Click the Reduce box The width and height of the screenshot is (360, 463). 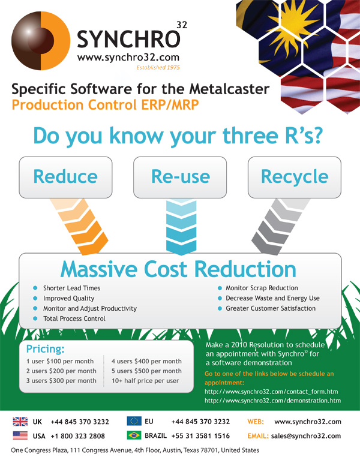point(65,177)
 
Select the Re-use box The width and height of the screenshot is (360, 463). point(180,177)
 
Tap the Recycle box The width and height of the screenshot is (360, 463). point(295,177)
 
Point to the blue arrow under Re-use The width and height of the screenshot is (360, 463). point(181,227)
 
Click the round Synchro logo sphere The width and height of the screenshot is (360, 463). point(41,41)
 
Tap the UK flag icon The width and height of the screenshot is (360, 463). point(20,422)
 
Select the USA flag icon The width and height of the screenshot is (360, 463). point(20,435)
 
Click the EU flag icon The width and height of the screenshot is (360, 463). point(134,421)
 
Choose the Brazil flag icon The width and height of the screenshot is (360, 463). point(134,435)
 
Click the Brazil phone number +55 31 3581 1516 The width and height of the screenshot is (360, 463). point(200,436)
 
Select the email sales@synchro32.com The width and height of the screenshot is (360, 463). point(306,436)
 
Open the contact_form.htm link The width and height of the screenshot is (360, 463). point(271,392)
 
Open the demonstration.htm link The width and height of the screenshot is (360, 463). point(272,401)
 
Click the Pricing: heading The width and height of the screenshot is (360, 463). point(45,349)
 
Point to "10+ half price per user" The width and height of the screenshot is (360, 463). point(145,381)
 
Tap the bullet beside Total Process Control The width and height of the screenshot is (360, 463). point(35,318)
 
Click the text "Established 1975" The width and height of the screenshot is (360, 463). point(158,68)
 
